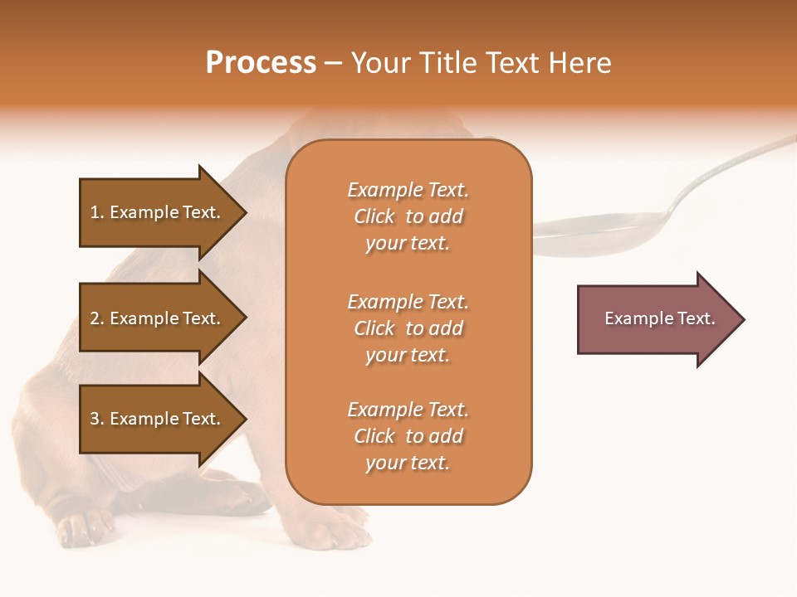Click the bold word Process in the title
261,63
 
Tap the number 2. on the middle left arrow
97,318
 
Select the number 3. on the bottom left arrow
97,419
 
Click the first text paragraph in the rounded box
408,216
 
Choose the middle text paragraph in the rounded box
408,328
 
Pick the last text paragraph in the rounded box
408,436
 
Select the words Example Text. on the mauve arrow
659,318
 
